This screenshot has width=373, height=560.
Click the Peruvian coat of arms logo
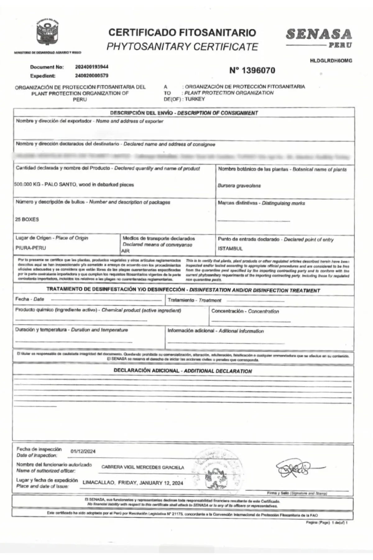(x=48, y=33)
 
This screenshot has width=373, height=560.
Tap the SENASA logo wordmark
(x=319, y=35)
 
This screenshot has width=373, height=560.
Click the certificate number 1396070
(x=252, y=71)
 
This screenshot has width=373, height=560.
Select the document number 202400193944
(x=92, y=67)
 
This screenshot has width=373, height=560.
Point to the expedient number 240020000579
(x=92, y=76)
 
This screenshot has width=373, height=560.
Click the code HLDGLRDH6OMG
(x=331, y=61)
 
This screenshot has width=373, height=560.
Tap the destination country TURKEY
(x=195, y=99)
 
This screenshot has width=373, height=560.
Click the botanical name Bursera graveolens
(x=239, y=186)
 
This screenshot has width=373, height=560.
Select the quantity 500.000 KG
(x=27, y=184)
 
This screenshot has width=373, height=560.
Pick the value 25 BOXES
(x=27, y=219)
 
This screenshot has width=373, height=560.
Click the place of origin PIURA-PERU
(x=30, y=248)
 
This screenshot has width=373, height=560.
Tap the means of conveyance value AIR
(x=125, y=251)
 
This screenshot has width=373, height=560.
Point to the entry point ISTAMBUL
(x=230, y=249)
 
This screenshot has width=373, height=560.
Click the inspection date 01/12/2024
(x=83, y=451)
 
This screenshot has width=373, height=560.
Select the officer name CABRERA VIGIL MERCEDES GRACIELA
(x=143, y=467)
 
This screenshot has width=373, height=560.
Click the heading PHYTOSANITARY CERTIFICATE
(x=182, y=47)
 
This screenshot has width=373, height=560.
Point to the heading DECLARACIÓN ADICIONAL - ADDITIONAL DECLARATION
(x=183, y=371)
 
